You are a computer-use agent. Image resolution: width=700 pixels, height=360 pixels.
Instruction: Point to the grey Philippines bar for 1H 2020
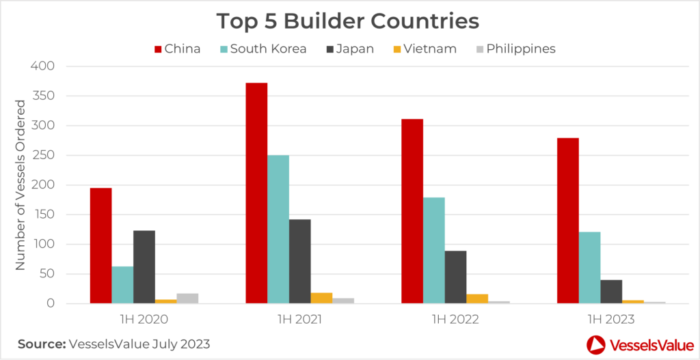pyautogui.click(x=187, y=299)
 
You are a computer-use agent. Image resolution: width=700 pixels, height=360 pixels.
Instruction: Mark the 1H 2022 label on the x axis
pyautogui.click(x=455, y=318)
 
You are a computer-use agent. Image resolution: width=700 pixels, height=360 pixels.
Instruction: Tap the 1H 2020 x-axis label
pyautogui.click(x=144, y=318)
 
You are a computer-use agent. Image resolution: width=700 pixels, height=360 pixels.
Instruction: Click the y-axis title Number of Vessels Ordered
pyautogui.click(x=21, y=184)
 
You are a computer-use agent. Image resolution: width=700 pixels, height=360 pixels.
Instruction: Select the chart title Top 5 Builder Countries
pyautogui.click(x=348, y=20)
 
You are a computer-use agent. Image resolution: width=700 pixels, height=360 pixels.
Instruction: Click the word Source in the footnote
pyautogui.click(x=40, y=344)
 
